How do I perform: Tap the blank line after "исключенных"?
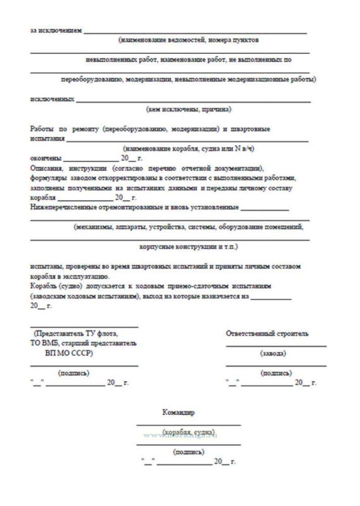[193, 101]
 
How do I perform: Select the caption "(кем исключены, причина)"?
[189, 109]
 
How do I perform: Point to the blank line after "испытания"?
[187, 140]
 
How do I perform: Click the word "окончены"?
[46, 158]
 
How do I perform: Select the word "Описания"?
[44, 168]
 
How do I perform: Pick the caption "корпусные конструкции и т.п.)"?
[189, 247]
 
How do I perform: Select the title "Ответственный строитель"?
[267, 334]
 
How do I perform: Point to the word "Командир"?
[178, 413]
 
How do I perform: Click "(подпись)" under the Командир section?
[188, 452]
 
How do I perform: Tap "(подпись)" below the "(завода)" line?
[276, 373]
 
